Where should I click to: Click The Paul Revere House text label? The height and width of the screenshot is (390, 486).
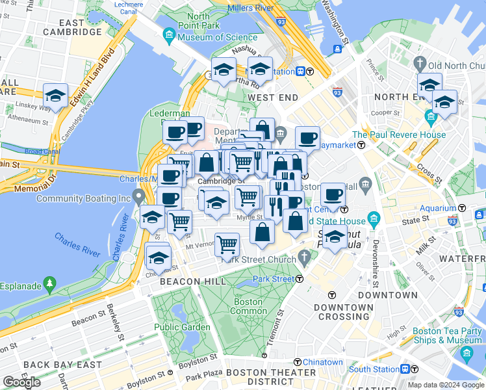(x=407, y=135)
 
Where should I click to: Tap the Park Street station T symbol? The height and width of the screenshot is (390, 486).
(x=300, y=279)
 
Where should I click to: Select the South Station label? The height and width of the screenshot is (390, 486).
(x=374, y=369)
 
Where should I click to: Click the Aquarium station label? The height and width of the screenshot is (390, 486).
(x=437, y=208)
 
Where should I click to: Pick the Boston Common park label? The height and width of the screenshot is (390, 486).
(x=248, y=306)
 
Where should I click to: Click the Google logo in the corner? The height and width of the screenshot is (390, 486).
(x=21, y=382)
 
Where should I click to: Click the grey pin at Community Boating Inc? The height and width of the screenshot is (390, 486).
(x=138, y=196)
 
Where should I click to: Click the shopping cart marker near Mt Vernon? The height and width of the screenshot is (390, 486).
(x=226, y=244)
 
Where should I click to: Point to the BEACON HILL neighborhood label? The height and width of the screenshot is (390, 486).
(x=193, y=281)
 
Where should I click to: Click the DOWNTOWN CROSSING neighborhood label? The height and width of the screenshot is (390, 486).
(x=344, y=311)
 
